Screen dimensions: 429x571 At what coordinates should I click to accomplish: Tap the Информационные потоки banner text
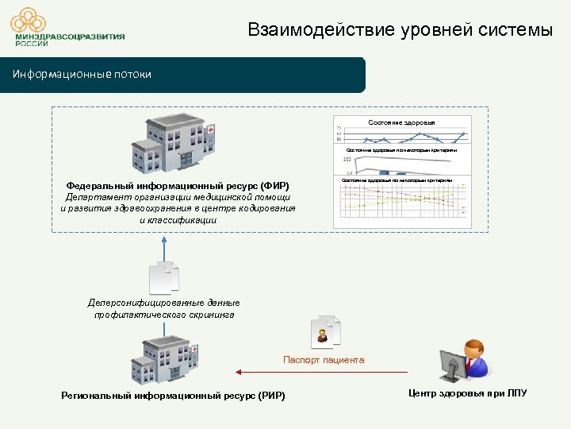82,75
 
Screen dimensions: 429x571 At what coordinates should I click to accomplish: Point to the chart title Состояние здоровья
401,122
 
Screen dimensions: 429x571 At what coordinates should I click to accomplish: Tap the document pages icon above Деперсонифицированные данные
163,279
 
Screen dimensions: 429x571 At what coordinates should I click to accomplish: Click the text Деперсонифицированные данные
163,303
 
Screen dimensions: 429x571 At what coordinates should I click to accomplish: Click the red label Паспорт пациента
324,360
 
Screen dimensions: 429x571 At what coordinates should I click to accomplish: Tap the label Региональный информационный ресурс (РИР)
172,396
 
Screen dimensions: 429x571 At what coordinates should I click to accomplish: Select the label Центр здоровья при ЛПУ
467,393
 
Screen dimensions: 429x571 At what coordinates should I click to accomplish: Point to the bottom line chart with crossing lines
401,205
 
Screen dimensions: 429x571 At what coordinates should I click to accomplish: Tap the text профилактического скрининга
163,315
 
